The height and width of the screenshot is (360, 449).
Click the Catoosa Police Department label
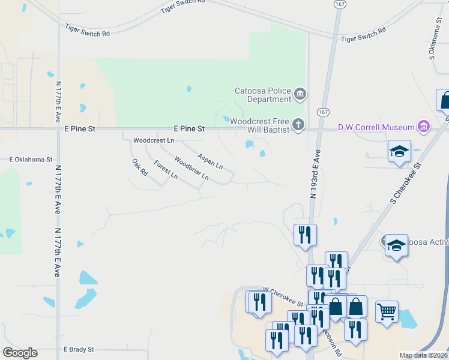(x=262, y=95)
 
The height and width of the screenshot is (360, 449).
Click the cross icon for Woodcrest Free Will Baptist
(x=298, y=125)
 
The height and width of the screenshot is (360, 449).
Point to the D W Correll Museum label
(x=376, y=127)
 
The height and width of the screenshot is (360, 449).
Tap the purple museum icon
(x=424, y=127)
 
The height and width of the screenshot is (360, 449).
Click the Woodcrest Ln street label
(x=153, y=140)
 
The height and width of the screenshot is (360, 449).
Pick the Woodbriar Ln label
(x=191, y=169)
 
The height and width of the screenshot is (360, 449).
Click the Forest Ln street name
(x=166, y=170)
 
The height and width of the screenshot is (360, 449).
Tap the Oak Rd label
(x=140, y=167)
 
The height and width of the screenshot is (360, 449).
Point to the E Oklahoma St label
(x=31, y=160)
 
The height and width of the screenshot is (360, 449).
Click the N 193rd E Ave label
(x=315, y=173)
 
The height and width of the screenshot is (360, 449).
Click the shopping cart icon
(x=387, y=311)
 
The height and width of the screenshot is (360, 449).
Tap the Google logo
(x=20, y=353)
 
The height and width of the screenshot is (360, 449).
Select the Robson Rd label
(x=334, y=342)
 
